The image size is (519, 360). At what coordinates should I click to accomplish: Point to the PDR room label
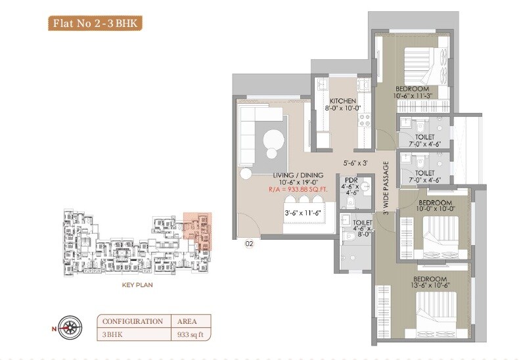tap(348, 179)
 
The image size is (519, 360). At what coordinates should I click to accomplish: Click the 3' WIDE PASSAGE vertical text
tap(387, 189)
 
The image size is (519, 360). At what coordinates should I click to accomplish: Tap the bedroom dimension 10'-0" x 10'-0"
tap(437, 209)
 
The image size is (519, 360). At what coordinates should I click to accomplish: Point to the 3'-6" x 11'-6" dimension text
tap(302, 212)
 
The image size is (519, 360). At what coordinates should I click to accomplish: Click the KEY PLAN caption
tap(137, 286)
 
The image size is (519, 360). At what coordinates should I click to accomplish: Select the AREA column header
tap(187, 321)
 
